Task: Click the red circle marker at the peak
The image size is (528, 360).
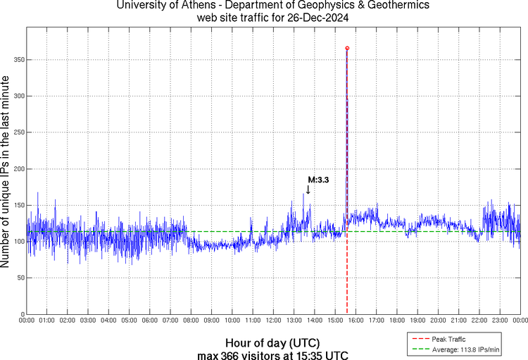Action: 347,48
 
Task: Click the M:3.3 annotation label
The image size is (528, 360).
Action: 318,180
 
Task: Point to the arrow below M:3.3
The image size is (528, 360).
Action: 308,190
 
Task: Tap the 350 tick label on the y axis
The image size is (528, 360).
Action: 17,60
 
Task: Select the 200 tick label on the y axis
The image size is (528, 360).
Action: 17,169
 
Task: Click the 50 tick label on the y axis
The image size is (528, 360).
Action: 19,278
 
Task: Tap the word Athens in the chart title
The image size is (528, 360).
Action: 185,6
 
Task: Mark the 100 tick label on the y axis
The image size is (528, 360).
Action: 17,242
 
